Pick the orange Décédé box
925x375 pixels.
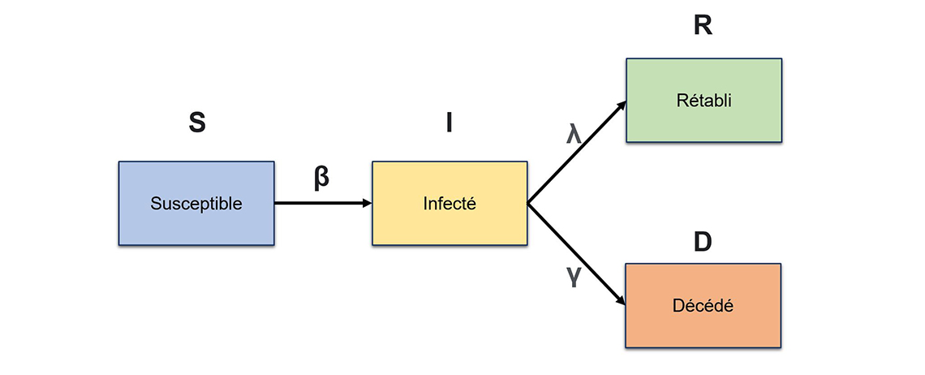pyautogui.click(x=703, y=325)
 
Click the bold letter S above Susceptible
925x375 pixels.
pyautogui.click(x=196, y=123)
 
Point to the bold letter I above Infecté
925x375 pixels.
pyautogui.click(x=449, y=123)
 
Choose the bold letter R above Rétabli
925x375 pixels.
pyautogui.click(x=703, y=26)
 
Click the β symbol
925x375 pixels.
pyautogui.click(x=321, y=177)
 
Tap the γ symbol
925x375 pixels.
pyautogui.click(x=574, y=277)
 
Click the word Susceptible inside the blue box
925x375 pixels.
pyautogui.click(x=196, y=203)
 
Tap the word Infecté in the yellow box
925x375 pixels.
pyautogui.click(x=450, y=203)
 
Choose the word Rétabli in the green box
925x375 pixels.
pyautogui.click(x=703, y=101)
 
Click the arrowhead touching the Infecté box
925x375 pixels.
pyautogui.click(x=366, y=203)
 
